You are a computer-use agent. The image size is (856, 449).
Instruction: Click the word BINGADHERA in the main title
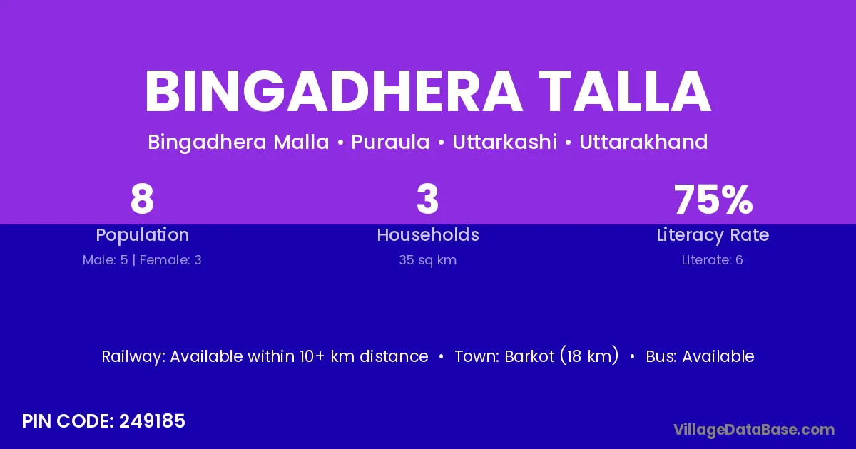click(333, 92)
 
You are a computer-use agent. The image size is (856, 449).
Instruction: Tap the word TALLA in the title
click(625, 92)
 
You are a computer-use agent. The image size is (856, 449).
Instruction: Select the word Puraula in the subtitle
click(390, 142)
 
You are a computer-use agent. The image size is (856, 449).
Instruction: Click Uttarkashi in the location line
click(505, 142)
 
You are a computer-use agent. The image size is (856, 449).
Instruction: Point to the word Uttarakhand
click(643, 142)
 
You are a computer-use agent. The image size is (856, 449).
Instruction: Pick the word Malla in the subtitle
click(301, 142)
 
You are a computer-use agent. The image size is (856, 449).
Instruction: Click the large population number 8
click(142, 199)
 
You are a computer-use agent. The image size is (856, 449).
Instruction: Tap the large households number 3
click(427, 199)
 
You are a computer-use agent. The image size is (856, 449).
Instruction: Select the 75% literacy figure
click(713, 199)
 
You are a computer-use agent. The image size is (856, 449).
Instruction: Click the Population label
click(143, 235)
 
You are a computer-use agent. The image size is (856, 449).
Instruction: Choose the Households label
click(428, 234)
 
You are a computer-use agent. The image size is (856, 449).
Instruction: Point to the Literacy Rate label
click(713, 235)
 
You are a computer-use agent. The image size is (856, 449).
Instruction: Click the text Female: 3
click(170, 260)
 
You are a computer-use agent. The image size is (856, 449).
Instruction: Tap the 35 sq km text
click(427, 260)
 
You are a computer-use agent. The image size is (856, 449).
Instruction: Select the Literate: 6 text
click(713, 260)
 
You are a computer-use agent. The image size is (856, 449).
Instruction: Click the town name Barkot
click(529, 356)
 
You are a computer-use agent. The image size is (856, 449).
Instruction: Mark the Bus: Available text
click(700, 356)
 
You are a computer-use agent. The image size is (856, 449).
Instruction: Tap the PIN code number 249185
click(152, 421)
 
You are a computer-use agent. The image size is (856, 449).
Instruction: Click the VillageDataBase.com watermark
click(754, 430)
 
